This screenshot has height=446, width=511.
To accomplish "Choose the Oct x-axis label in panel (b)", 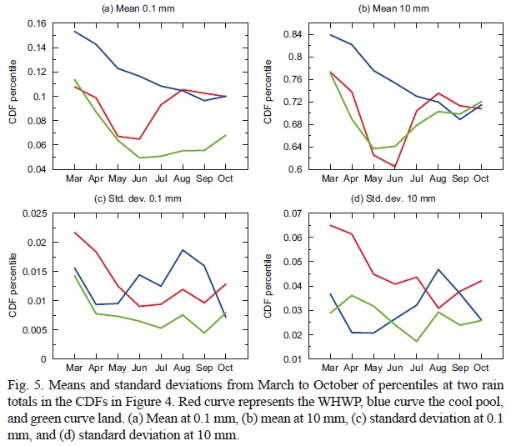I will tap(479, 178).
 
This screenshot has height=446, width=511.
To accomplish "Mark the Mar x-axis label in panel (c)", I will tap(73, 368).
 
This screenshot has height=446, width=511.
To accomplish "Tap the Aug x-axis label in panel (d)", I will tap(438, 368).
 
